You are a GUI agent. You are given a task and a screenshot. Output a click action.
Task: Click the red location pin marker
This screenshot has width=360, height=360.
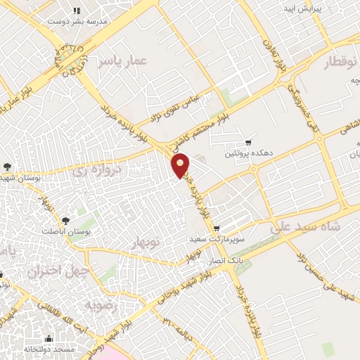pyautogui.click(x=181, y=165)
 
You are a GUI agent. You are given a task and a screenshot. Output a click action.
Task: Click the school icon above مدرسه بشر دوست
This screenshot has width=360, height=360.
pyautogui.click(x=77, y=11)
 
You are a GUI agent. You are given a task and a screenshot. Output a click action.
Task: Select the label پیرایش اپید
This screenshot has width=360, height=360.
pyautogui.click(x=302, y=9)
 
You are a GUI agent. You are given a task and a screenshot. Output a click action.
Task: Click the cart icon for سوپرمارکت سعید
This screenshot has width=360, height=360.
pyautogui.click(x=216, y=229)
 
